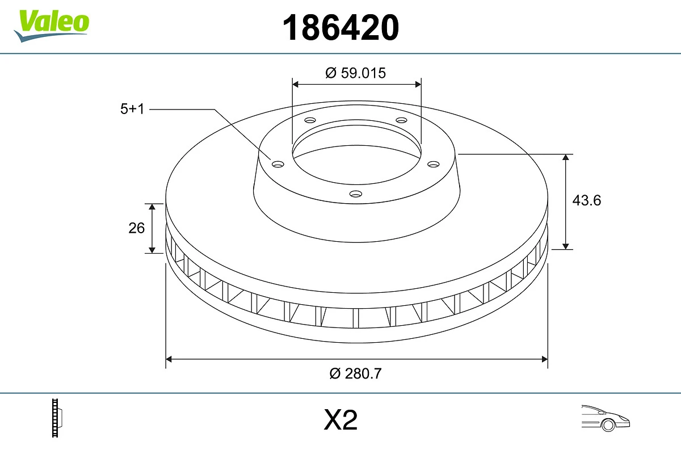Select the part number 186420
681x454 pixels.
pos(340,27)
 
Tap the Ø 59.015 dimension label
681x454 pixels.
pos(356,73)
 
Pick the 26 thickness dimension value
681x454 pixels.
pos(137,228)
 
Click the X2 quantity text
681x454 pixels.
pos(340,421)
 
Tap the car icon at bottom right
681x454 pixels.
pos(605,418)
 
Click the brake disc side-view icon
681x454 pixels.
pos(57,418)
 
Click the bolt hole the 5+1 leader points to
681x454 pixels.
pos(278,164)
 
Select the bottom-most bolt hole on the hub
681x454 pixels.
pos(355,194)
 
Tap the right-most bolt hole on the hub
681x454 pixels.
pos(434,164)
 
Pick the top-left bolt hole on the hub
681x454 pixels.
pos(310,120)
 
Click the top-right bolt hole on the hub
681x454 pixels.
pos(401,120)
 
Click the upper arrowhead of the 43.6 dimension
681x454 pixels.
pos(566,157)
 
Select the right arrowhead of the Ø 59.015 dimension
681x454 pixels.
pos(418,84)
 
